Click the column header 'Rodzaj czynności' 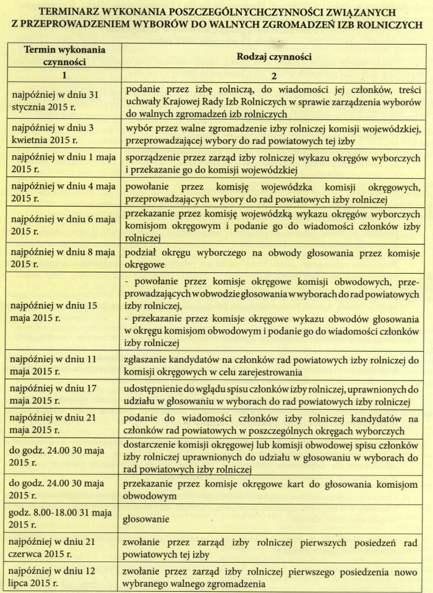[x=273, y=56]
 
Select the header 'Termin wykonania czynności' [x=64, y=55]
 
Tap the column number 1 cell [x=64, y=75]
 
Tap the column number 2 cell [x=273, y=75]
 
